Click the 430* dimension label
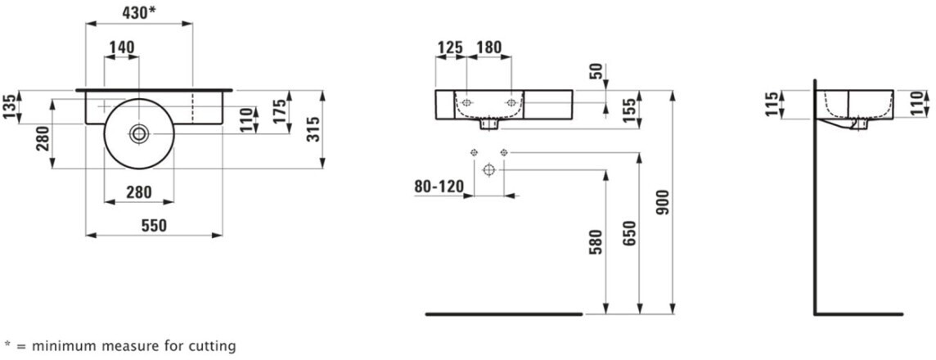139,12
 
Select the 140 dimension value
121,47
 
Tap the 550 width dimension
154,226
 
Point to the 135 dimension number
9,106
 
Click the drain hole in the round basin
139,133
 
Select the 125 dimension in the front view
450,47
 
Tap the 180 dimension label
489,47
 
